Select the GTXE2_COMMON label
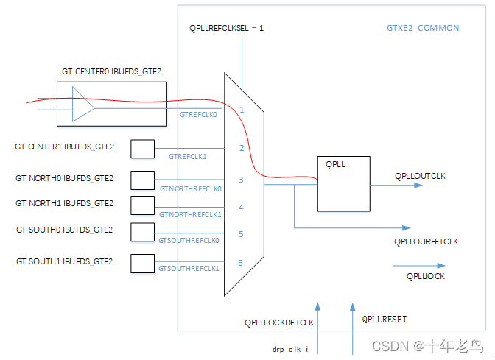coord(423,28)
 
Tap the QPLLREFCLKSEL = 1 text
coord(226,28)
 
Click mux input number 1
coord(242,110)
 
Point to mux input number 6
coord(241,263)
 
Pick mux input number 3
coord(241,180)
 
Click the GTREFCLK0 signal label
coord(198,115)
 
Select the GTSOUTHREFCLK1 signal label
coord(189,269)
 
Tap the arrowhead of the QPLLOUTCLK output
coord(418,186)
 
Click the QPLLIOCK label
coord(426,276)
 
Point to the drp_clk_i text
coord(290,349)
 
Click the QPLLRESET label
coord(385,320)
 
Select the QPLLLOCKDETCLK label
coord(279,322)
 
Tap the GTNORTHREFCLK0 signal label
coord(191,189)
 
